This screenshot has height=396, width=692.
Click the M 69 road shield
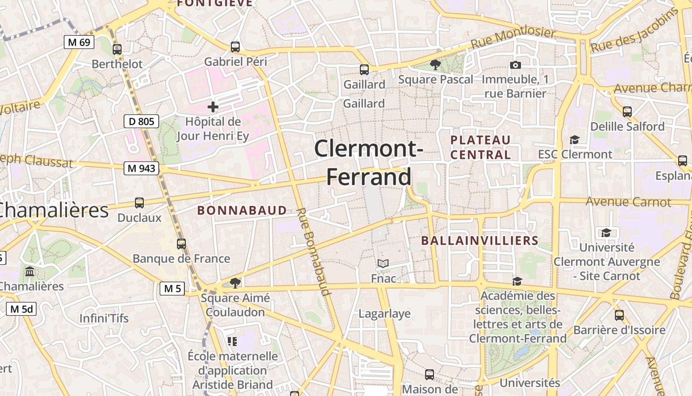[79, 42]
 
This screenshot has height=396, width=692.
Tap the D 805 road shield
[141, 121]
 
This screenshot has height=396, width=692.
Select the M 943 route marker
[141, 168]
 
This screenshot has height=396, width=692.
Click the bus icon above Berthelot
[117, 49]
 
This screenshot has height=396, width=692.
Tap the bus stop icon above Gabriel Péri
[235, 47]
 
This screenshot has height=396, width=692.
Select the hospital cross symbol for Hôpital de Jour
[213, 106]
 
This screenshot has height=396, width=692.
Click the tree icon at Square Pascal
[435, 64]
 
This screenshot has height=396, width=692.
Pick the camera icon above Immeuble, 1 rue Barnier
[515, 65]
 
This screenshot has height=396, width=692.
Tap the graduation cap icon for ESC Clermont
[574, 140]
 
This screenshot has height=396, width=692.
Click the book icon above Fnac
[383, 263]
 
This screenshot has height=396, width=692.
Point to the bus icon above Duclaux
[139, 202]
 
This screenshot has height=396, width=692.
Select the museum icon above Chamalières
[30, 272]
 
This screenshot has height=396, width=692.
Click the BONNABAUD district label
[242, 210]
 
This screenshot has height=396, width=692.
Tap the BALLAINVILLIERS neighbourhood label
[479, 241]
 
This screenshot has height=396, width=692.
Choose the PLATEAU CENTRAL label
[480, 147]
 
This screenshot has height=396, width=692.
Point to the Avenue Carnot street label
[628, 202]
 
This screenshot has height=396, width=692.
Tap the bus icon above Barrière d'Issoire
[619, 315]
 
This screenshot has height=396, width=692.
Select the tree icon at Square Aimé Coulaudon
[235, 283]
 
